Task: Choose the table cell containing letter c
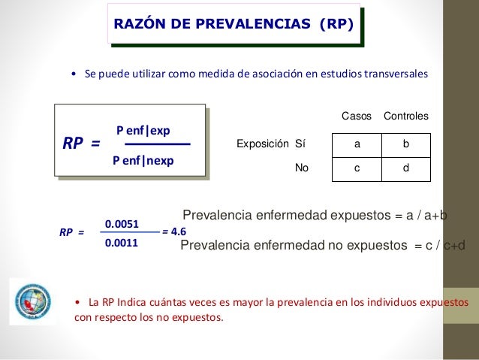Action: click(357, 169)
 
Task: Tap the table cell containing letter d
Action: click(406, 169)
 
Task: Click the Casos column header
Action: click(357, 117)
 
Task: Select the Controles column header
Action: click(406, 117)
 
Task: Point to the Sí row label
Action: click(301, 143)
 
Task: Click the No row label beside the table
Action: click(302, 169)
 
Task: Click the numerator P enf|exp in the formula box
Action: click(143, 131)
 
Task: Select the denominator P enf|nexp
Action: click(143, 159)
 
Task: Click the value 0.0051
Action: click(121, 224)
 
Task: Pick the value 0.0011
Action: click(121, 243)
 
